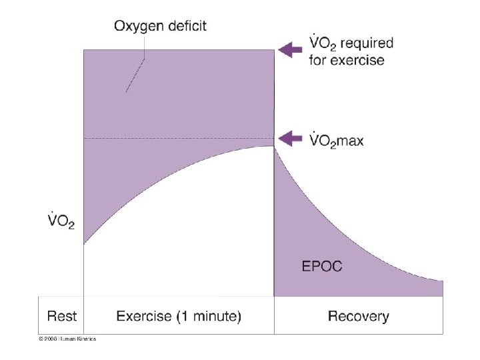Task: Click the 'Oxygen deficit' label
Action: point(161,27)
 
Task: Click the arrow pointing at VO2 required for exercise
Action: point(289,50)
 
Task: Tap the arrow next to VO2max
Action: point(289,139)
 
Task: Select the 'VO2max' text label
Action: point(337,140)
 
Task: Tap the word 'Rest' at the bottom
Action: point(61,315)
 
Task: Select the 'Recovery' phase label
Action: point(359,315)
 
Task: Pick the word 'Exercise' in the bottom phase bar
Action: point(143,315)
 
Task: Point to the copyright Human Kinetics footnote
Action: point(67,339)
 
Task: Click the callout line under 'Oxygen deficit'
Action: point(135,74)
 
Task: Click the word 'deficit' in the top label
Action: point(184,27)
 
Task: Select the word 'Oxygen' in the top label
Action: point(137,27)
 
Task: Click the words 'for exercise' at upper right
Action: point(347,60)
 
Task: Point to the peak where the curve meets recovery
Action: point(273,147)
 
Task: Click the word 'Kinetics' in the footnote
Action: point(85,339)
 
